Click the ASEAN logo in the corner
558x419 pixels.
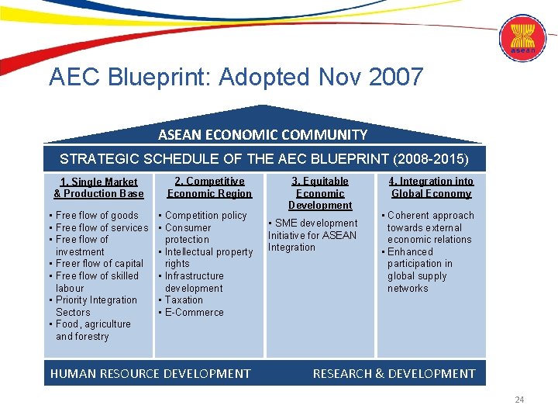[x=522, y=39]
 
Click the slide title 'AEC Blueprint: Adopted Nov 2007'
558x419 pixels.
[x=236, y=77]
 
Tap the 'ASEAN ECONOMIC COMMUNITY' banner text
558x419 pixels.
[x=263, y=134]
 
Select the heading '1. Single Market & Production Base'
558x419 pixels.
[x=98, y=188]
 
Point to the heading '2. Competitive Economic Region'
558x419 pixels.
[x=209, y=187]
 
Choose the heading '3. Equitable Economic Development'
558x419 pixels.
[x=320, y=193]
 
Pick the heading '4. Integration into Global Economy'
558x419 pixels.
[x=431, y=187]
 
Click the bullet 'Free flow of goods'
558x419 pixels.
[x=97, y=216]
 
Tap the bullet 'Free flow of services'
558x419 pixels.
[x=102, y=227]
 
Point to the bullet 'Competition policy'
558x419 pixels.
[x=205, y=216]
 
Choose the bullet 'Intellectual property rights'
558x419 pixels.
[x=208, y=258]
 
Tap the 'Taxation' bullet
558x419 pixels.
[x=184, y=300]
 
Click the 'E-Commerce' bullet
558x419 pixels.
[x=194, y=313]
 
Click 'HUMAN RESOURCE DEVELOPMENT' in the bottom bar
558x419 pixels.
[x=150, y=373]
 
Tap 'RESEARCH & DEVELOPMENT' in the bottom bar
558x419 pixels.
[x=394, y=373]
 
